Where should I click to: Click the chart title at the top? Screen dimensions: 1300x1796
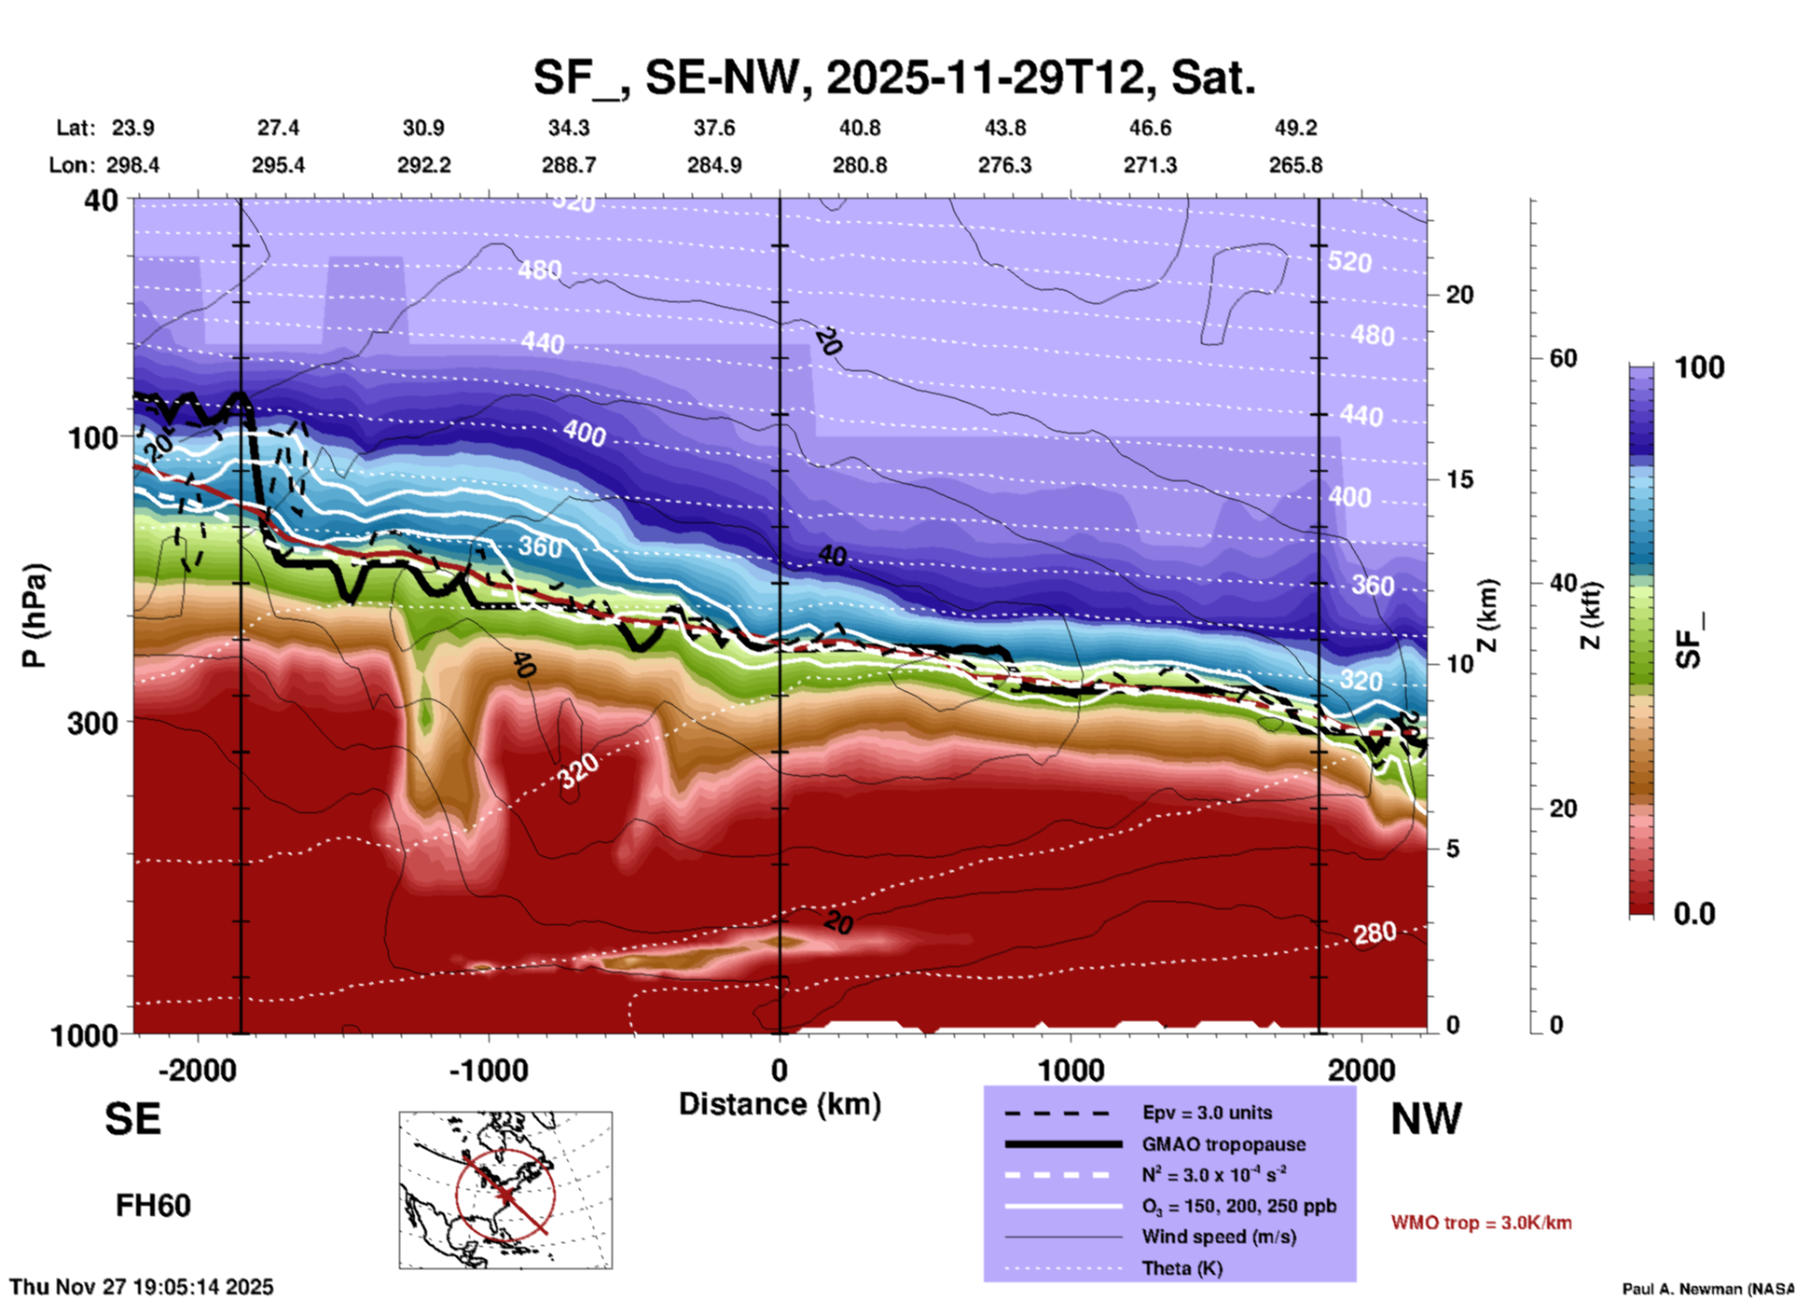(x=893, y=76)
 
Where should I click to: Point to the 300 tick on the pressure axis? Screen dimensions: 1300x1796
(x=92, y=723)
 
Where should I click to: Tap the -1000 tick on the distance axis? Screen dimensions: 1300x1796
(x=488, y=1070)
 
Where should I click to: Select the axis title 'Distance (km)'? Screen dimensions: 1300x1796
(x=780, y=1104)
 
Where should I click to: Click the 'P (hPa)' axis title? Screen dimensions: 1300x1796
(x=35, y=615)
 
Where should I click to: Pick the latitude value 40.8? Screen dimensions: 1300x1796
(x=859, y=128)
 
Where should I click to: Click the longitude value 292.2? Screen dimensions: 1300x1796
(x=424, y=165)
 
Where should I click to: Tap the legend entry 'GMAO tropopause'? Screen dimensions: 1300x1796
(x=1223, y=1144)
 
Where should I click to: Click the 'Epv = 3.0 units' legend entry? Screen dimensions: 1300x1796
(x=1207, y=1113)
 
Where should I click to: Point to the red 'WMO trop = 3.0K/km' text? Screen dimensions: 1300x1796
(x=1481, y=1223)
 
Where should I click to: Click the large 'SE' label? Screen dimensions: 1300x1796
(x=132, y=1118)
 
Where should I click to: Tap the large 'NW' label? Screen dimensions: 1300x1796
(x=1426, y=1118)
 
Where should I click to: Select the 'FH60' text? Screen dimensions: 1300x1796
(x=153, y=1206)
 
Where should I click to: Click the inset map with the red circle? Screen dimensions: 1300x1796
(x=505, y=1189)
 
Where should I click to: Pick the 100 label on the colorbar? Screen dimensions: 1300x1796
(x=1699, y=367)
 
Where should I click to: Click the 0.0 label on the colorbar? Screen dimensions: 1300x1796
(x=1693, y=914)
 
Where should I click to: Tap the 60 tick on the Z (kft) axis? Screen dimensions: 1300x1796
(x=1563, y=358)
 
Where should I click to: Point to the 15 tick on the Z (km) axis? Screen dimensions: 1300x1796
(x=1459, y=479)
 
